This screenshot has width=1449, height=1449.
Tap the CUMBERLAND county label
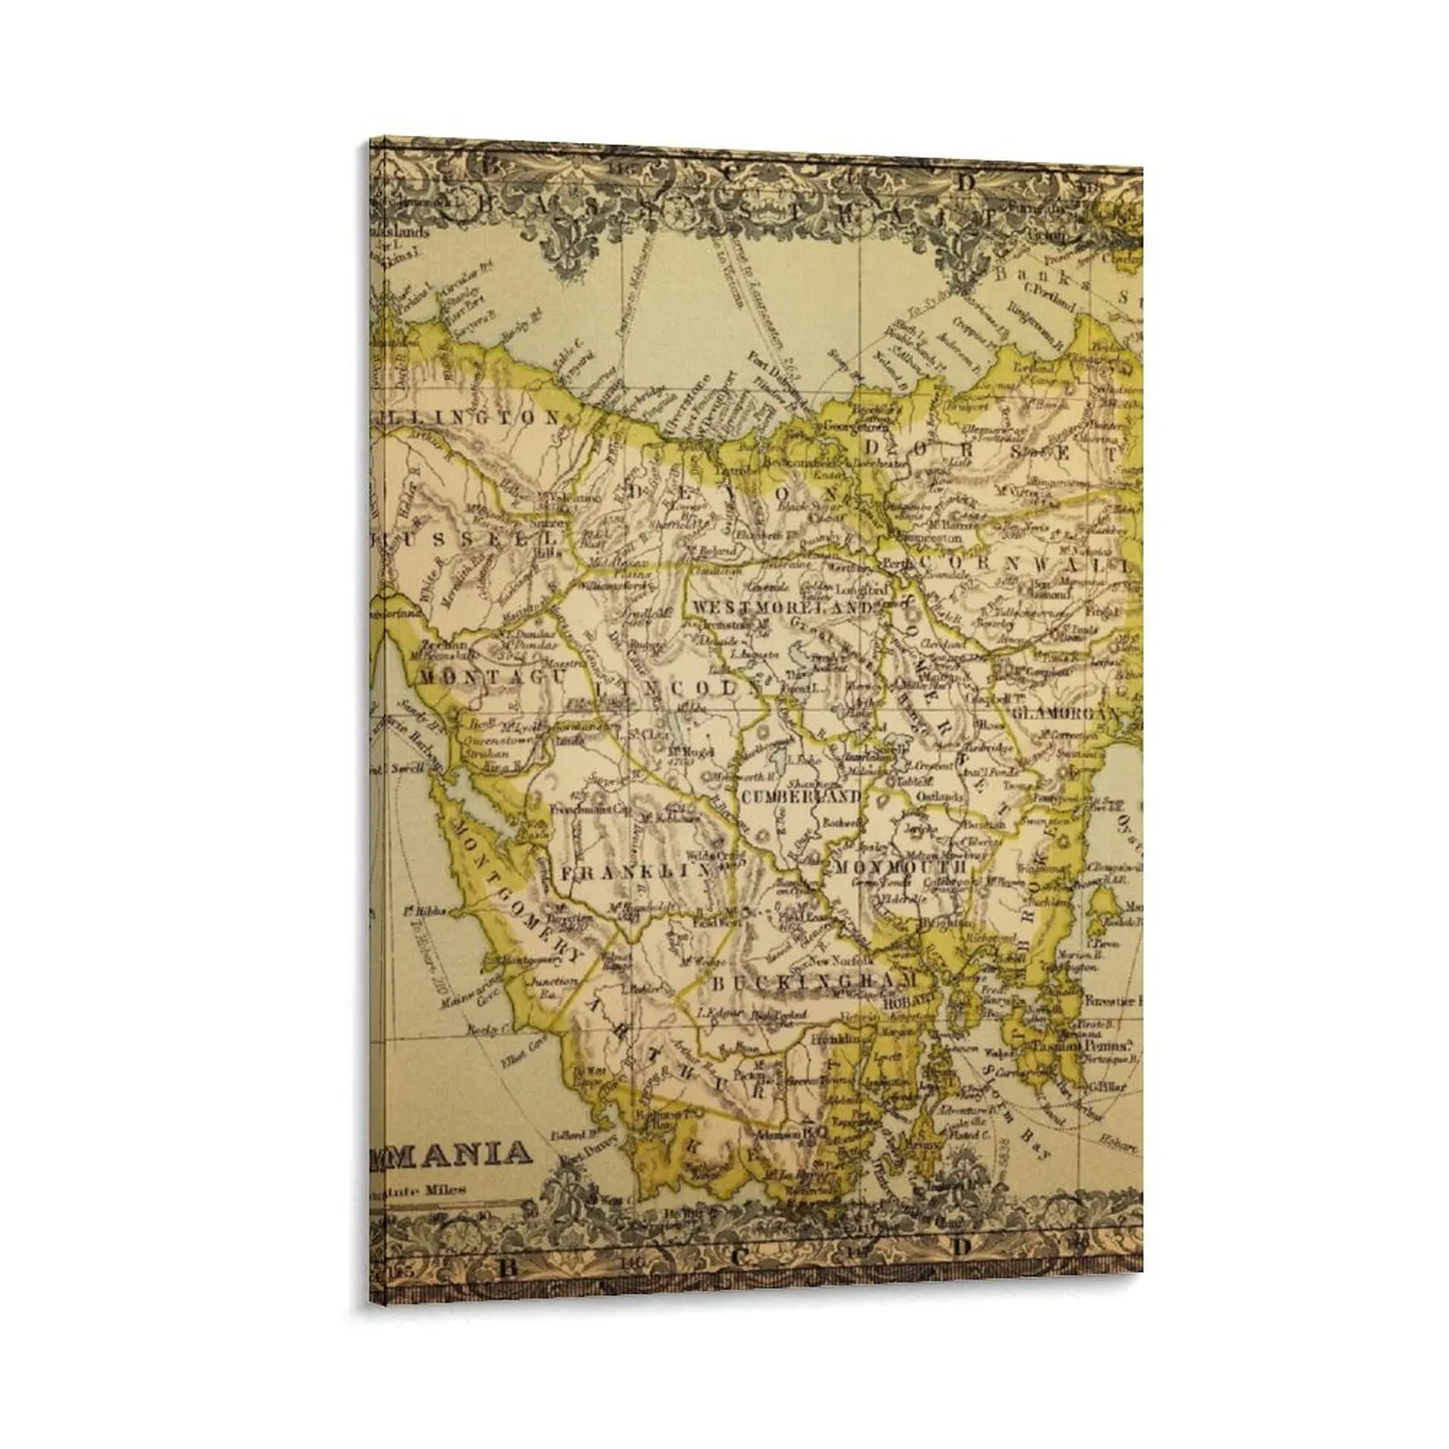pyautogui.click(x=799, y=797)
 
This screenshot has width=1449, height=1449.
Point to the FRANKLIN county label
pyautogui.click(x=633, y=872)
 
